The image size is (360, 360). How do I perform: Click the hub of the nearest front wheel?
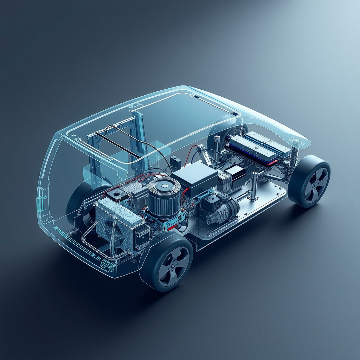tap(173, 266)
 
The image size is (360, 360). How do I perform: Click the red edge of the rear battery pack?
tap(271, 163)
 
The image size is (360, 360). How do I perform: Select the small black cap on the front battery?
tap(116, 193)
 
